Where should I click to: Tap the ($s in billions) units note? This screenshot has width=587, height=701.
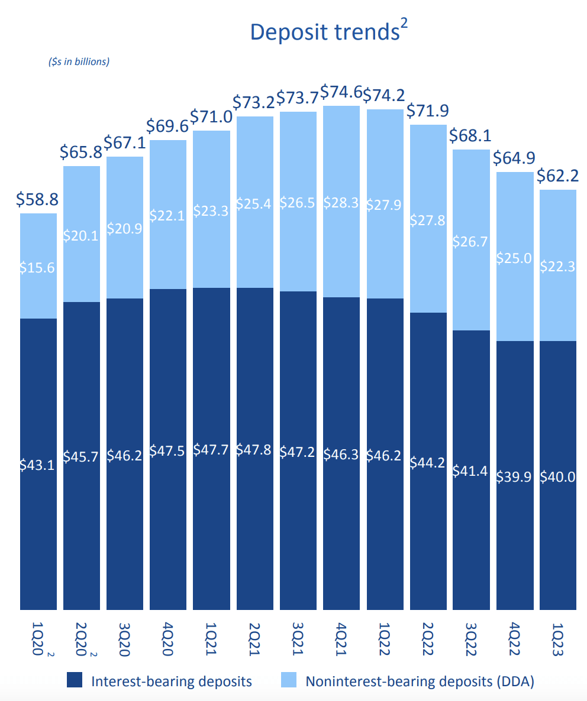tap(79, 61)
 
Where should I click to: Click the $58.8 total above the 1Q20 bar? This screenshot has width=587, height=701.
tap(38, 200)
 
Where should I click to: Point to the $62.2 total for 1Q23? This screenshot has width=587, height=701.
tap(557, 176)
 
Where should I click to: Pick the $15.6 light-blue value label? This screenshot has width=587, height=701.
tap(38, 268)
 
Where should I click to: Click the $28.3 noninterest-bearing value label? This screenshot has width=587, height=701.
tap(341, 203)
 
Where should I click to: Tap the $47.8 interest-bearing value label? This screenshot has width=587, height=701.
tap(254, 450)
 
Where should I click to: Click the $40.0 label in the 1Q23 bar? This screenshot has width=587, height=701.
tap(557, 476)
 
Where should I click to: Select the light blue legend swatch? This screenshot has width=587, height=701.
tap(288, 680)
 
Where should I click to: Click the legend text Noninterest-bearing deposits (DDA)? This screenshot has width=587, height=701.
tap(420, 681)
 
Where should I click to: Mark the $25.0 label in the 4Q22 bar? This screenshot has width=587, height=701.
tap(514, 257)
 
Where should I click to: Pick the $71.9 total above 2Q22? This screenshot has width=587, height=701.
tap(427, 111)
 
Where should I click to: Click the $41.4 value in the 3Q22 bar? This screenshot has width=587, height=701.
tap(471, 470)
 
